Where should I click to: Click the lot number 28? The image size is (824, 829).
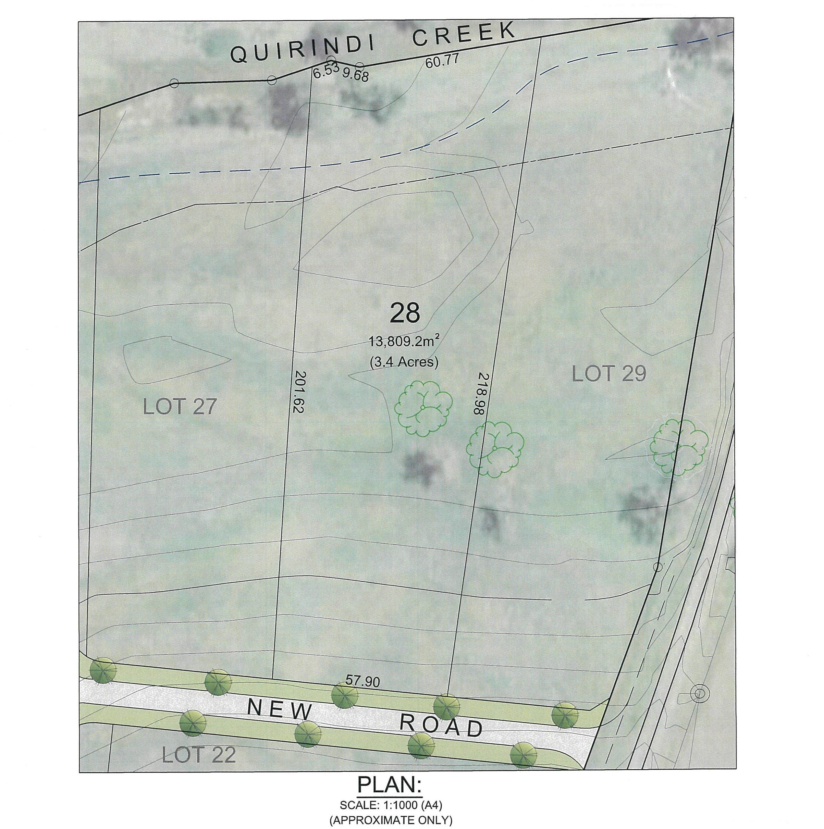point(404,314)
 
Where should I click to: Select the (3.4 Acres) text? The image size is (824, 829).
point(404,362)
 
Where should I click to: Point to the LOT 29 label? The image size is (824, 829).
point(609,374)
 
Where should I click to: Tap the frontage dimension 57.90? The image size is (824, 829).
point(362,681)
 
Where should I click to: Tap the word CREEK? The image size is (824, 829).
point(463,34)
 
